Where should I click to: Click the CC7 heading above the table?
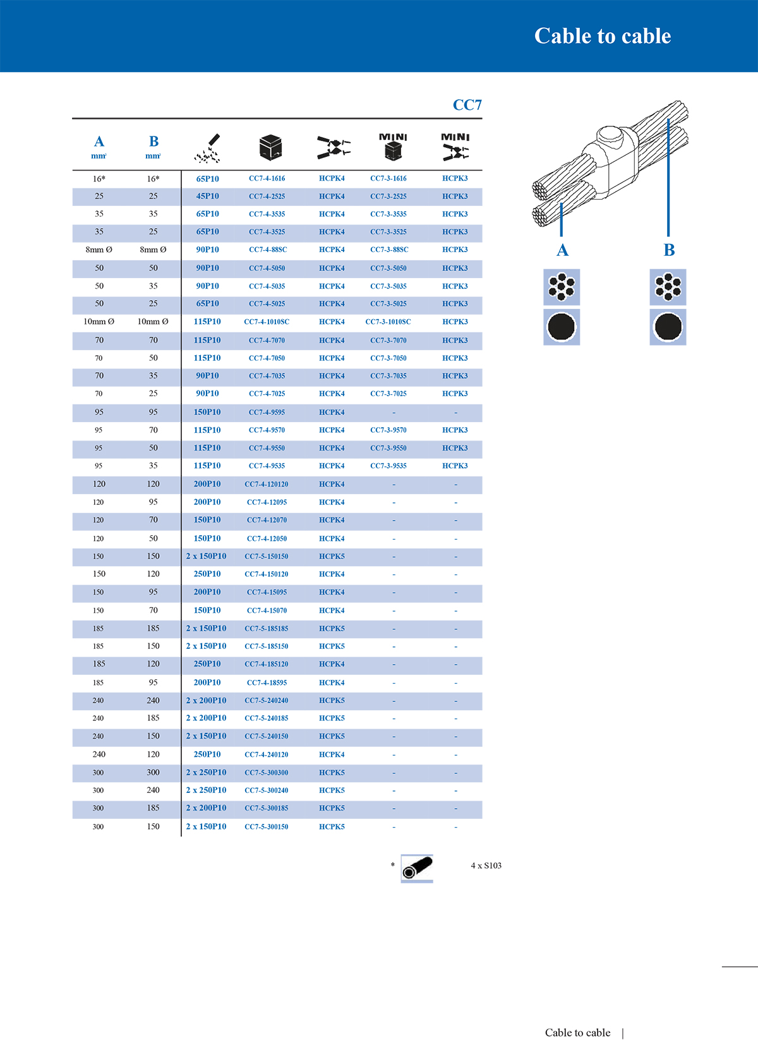coord(467,105)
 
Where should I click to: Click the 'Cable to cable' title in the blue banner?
coord(602,36)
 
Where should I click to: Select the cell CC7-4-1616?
coord(267,179)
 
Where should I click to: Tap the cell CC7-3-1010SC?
coord(388,322)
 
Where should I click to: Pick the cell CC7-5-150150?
coord(266,557)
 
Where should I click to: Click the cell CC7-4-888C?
coord(267,250)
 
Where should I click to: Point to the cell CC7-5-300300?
coord(266,773)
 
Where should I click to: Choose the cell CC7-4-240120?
coord(266,754)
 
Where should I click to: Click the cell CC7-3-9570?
coord(388,430)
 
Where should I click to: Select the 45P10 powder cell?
coord(207,197)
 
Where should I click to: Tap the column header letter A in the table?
coord(99,142)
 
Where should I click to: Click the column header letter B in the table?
coord(153,142)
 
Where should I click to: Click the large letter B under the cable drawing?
coord(669,250)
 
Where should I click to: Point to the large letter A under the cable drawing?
coord(562,250)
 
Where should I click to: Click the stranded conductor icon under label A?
coord(562,287)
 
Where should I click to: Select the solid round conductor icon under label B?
coord(668,327)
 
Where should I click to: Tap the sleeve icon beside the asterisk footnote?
coord(417,868)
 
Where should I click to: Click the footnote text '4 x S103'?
coord(486,866)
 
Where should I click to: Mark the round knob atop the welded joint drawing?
coord(610,135)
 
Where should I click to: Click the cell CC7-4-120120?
coord(266,485)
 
